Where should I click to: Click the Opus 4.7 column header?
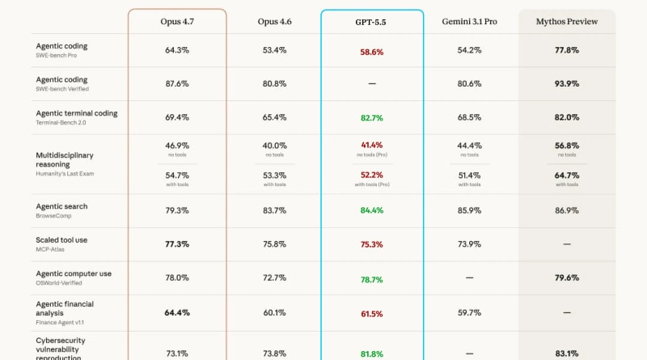click(177, 21)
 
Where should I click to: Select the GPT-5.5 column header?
click(372, 21)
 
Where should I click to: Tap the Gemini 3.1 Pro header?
click(469, 21)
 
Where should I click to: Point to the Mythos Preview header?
click(567, 21)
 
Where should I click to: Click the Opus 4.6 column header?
click(274, 21)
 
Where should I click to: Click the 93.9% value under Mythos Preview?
click(567, 83)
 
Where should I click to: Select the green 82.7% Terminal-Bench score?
click(372, 117)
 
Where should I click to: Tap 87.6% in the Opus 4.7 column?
click(177, 83)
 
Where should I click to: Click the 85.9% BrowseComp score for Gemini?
click(469, 210)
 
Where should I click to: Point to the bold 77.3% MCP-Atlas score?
click(177, 244)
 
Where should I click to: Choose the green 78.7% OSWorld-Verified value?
click(372, 278)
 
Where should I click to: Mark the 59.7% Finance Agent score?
click(469, 312)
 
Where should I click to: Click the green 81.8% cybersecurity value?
click(372, 353)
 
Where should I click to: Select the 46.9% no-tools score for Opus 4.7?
click(177, 145)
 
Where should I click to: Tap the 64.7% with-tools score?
click(567, 175)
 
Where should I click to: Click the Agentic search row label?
click(61, 206)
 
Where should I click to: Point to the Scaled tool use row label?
click(61, 240)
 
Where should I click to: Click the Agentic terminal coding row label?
click(77, 113)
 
